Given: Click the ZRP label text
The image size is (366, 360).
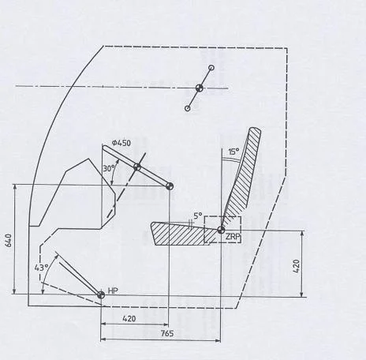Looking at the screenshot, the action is (233, 237).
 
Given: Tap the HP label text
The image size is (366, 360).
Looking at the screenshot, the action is (113, 291).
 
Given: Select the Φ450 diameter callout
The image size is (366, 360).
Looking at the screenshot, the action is (121, 143).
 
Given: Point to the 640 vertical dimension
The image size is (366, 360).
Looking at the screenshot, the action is (9, 240).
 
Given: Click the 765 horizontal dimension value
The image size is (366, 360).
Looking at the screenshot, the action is (167, 334).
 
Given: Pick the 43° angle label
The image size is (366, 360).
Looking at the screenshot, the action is (41, 268).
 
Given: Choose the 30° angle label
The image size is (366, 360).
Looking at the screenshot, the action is (109, 168).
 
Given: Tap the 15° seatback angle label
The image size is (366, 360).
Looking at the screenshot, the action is (233, 152).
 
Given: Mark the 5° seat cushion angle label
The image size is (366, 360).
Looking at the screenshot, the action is (198, 216).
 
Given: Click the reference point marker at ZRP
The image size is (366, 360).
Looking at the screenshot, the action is (221, 230).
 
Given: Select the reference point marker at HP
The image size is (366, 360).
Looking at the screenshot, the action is (101, 295).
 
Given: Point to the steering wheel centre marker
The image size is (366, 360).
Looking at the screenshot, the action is (137, 167).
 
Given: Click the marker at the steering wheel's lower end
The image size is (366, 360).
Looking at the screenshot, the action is (170, 186).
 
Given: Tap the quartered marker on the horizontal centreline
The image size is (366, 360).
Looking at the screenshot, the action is (200, 88).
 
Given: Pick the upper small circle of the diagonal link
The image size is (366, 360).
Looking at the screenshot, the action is (211, 68).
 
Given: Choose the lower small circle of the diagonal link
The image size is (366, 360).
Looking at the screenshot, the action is (188, 108).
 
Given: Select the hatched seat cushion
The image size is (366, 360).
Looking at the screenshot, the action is (181, 234).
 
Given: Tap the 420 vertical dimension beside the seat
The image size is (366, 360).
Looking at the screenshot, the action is (297, 266).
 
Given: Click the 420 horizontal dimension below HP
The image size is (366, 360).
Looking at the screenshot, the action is (129, 319).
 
